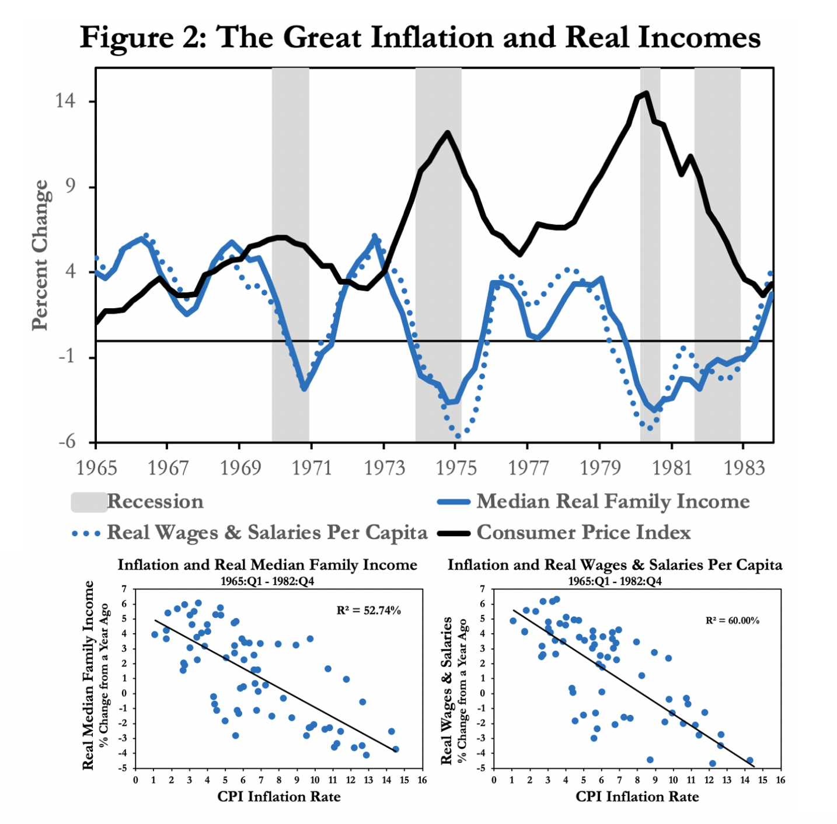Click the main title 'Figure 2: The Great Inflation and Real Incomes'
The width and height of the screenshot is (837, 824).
(420, 37)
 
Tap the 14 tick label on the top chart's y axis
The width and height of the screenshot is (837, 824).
(65, 101)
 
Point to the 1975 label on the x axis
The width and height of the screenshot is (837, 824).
(456, 468)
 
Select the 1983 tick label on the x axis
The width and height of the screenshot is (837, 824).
(744, 468)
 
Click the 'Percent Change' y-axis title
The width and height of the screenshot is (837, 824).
(40, 255)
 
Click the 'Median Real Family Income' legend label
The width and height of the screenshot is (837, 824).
(613, 502)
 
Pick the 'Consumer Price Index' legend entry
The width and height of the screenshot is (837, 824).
(584, 533)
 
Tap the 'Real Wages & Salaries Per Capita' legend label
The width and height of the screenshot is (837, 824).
(267, 533)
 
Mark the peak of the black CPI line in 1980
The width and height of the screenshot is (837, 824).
(646, 93)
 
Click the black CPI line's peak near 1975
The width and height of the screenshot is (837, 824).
(448, 132)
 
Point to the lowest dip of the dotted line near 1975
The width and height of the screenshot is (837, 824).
(458, 436)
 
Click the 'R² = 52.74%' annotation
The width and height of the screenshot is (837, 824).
(369, 610)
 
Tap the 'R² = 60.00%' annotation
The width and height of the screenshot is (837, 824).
(733, 620)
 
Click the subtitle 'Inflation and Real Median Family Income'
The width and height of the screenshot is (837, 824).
(267, 565)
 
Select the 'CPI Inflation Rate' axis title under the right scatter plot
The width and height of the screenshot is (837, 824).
(637, 797)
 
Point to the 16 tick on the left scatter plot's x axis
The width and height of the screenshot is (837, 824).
(422, 780)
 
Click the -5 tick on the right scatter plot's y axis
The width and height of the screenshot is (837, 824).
(482, 768)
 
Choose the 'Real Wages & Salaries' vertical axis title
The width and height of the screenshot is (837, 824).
(447, 690)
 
